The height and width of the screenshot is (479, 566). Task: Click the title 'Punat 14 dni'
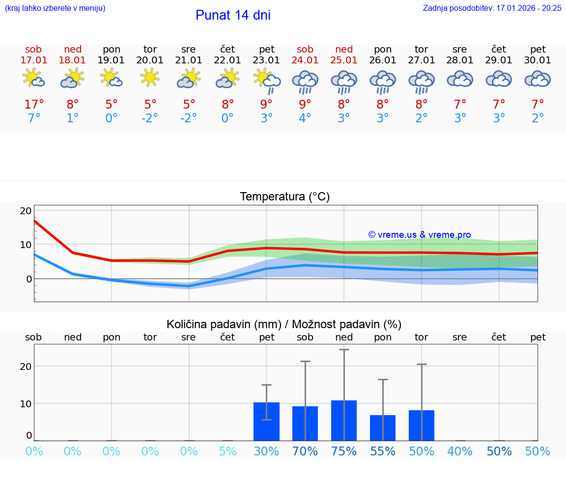click(x=233, y=15)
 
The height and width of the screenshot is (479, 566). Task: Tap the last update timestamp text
click(x=492, y=8)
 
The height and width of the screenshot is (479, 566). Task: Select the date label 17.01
click(x=34, y=60)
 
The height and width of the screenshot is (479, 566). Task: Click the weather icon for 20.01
click(x=150, y=78)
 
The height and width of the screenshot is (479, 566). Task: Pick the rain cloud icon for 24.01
click(x=305, y=82)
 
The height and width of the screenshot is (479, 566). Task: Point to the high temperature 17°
click(x=34, y=105)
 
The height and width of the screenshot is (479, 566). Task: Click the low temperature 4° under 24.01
click(x=305, y=118)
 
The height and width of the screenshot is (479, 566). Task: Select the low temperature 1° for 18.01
click(x=73, y=118)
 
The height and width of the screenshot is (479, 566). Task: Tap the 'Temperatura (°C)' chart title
click(x=284, y=197)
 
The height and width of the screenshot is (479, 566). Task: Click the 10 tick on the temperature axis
click(x=26, y=245)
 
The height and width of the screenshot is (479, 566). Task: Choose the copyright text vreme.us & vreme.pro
click(x=419, y=235)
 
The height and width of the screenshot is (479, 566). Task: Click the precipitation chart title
click(x=284, y=324)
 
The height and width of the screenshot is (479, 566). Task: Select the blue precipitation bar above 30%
click(x=266, y=422)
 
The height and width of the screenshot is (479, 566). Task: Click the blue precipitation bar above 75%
click(x=344, y=421)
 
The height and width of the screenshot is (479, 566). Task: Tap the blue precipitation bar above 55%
click(x=383, y=428)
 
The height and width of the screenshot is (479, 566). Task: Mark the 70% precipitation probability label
click(x=305, y=451)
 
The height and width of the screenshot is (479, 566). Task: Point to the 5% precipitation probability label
click(x=227, y=451)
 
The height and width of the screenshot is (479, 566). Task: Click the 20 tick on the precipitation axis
click(x=26, y=366)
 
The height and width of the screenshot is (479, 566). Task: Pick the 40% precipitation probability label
click(x=460, y=451)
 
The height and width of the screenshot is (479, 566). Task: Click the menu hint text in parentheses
click(x=55, y=8)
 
